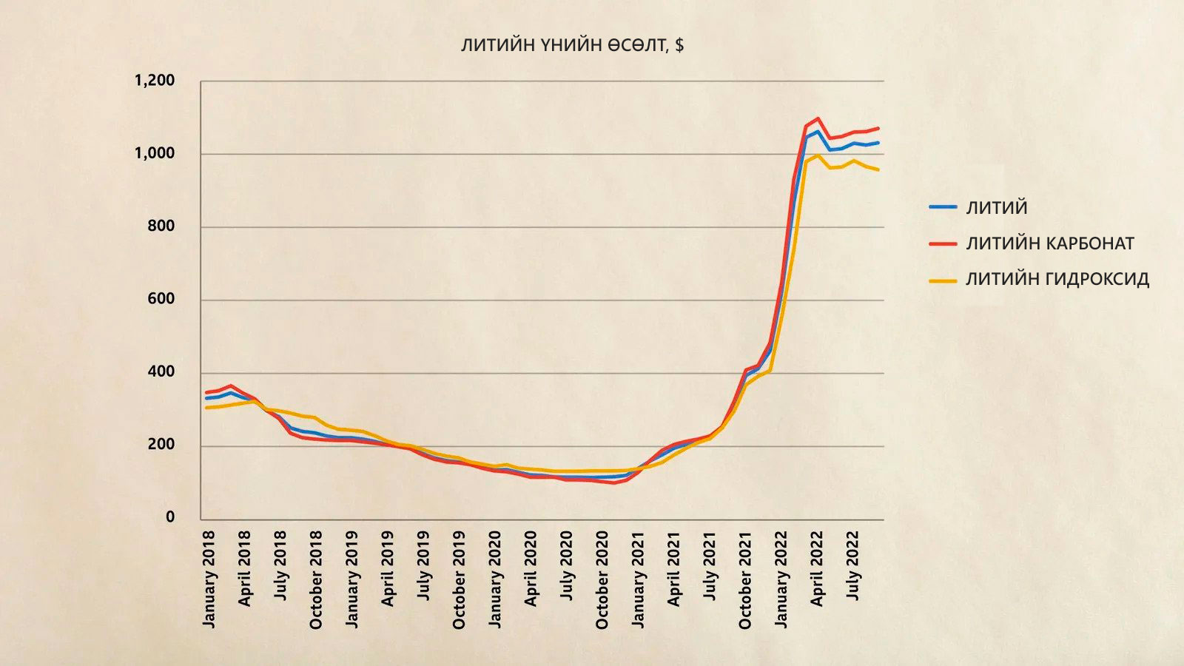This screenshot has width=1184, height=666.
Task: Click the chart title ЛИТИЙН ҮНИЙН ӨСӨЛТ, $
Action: tap(572, 45)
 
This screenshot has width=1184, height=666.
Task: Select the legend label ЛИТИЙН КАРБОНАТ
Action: tap(1050, 243)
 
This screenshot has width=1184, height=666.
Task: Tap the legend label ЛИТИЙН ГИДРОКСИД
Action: tap(1057, 279)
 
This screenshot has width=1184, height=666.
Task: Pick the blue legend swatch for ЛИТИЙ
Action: tap(943, 208)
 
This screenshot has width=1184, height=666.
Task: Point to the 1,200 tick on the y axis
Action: tap(155, 81)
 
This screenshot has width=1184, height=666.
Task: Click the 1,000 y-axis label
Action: tap(155, 153)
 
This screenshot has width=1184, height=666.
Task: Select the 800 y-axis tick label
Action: tap(161, 226)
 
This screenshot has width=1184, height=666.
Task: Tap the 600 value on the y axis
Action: tap(161, 299)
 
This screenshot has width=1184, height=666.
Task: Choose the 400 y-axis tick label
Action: tap(161, 372)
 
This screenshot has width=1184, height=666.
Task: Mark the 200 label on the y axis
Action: tap(161, 445)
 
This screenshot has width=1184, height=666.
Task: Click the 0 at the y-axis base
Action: tap(170, 517)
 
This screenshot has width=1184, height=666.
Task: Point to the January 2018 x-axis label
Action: tap(209, 579)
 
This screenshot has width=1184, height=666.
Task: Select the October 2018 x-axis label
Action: tap(316, 579)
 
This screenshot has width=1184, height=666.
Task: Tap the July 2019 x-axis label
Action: tap(423, 565)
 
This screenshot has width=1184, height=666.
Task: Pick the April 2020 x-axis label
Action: tap(531, 568)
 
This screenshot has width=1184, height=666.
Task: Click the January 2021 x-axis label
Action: tap(638, 579)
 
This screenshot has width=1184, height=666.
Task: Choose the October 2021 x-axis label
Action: tap(745, 579)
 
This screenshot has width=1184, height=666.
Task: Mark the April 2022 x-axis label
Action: tap(816, 568)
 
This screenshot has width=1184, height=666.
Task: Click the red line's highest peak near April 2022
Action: tap(818, 118)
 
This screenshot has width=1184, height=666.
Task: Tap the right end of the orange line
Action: tap(878, 170)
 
